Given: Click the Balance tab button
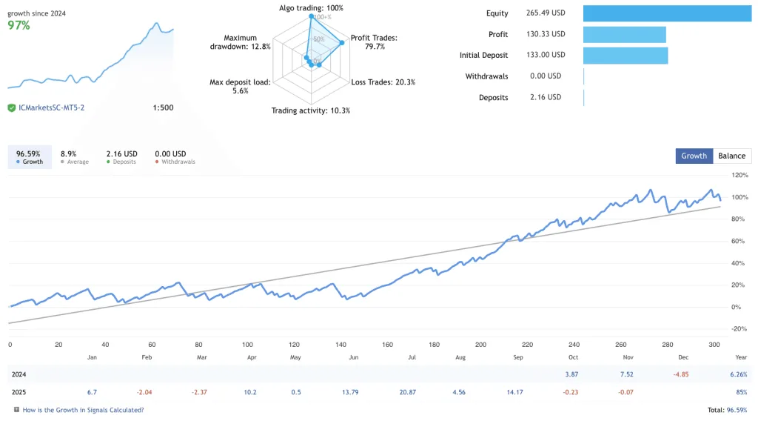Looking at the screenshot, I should point(731,156).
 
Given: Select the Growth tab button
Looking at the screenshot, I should point(694,156).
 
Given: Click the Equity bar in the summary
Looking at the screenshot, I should point(666,13).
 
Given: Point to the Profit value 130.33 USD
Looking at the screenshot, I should point(547,34).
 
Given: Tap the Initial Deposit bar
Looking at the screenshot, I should point(625,55).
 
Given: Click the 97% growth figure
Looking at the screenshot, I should point(19,25).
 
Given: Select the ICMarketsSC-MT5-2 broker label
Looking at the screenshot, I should point(51,108).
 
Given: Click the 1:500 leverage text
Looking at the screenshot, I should point(163,108).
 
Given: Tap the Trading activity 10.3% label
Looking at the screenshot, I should point(310,110).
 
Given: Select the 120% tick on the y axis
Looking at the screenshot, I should point(739,176).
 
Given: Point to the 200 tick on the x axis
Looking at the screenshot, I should point(481,345).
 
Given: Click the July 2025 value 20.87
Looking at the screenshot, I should point(408,392).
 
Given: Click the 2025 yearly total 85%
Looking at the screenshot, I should point(740,392).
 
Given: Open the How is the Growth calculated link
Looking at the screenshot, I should point(83,410).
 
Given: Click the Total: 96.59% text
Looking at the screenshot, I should point(728,410).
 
